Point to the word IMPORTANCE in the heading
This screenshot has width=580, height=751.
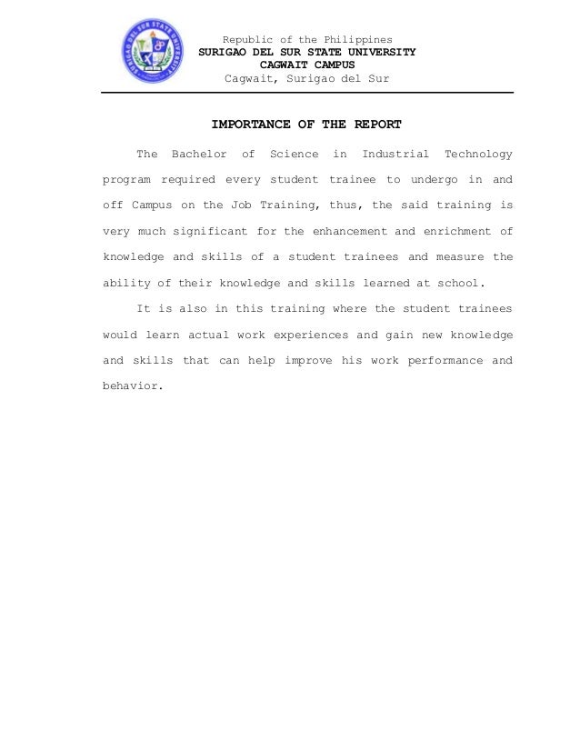248,125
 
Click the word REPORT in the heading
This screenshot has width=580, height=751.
377,125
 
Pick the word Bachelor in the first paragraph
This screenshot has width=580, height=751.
199,155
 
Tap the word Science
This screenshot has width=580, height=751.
295,155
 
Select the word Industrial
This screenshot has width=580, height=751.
395,155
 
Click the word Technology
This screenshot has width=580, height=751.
478,155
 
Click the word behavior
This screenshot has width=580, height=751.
134,386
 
